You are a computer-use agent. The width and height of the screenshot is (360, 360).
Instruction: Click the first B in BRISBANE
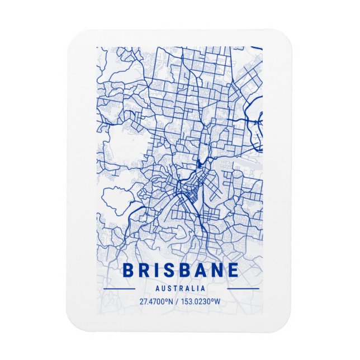tap(128, 271)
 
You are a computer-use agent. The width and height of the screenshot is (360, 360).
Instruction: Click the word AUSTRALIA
tap(181, 289)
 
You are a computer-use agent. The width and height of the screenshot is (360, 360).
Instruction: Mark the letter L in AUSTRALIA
tap(193, 289)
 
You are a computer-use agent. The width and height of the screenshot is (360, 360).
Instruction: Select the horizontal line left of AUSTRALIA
tap(119, 289)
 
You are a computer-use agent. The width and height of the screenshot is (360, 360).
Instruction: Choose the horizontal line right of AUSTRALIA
tap(243, 289)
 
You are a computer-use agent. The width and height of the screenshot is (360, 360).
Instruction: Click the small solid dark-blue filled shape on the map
tap(198, 164)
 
